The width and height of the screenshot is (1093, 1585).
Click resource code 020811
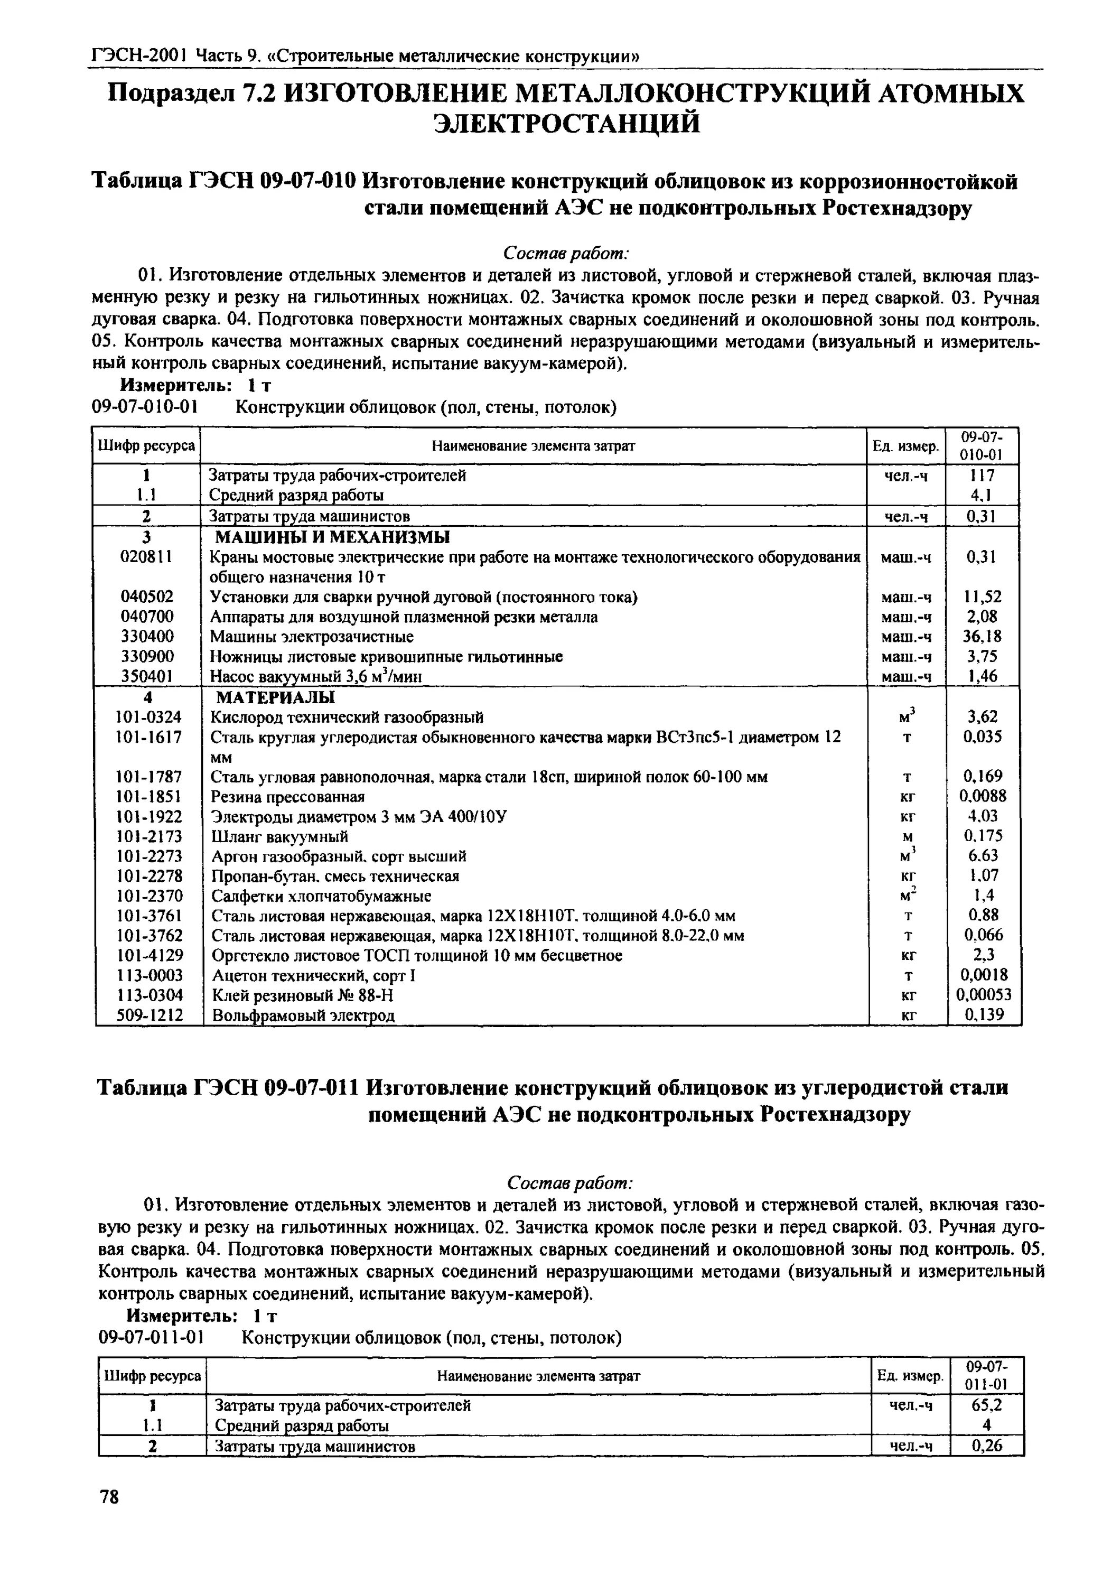coord(146,557)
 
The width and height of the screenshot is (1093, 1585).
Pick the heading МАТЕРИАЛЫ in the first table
coord(275,697)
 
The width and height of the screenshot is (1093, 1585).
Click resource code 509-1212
coord(150,1014)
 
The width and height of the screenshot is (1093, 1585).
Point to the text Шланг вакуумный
coord(279,836)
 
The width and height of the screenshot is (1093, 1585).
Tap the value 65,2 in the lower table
coord(987,1405)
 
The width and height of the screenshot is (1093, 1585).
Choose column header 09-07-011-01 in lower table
coord(987,1375)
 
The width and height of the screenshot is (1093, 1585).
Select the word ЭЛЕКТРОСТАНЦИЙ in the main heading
coord(568,124)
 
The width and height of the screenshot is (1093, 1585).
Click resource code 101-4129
coord(150,955)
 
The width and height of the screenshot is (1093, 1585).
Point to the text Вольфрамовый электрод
coord(303,1014)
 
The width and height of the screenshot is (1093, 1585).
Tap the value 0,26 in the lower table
coord(987,1446)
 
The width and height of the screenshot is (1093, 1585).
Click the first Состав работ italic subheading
coord(566,254)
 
